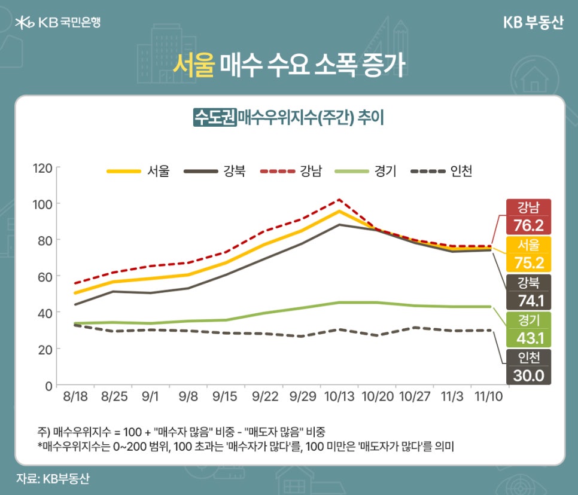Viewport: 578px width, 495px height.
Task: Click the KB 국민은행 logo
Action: coord(57,23)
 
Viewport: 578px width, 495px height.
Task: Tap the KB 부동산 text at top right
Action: coord(533,23)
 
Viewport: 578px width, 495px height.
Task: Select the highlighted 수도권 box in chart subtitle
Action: coord(214,117)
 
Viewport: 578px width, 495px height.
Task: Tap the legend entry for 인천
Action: coord(442,172)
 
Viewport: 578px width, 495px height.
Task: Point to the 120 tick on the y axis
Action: coord(43,167)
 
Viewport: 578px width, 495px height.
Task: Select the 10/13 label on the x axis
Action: coord(339,396)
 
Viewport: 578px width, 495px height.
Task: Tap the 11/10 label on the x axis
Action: coord(489,396)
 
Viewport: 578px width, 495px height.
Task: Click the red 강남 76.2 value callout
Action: coord(528,217)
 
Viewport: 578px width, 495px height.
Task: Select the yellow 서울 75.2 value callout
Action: coord(528,254)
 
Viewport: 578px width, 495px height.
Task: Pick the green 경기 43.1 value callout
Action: coord(528,329)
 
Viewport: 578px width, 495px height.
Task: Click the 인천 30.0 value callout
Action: coord(528,366)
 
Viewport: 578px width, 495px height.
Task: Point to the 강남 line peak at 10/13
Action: coord(339,200)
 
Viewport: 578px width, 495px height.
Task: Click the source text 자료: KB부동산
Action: coord(53,478)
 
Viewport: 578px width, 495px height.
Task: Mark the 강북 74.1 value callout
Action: coord(528,292)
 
